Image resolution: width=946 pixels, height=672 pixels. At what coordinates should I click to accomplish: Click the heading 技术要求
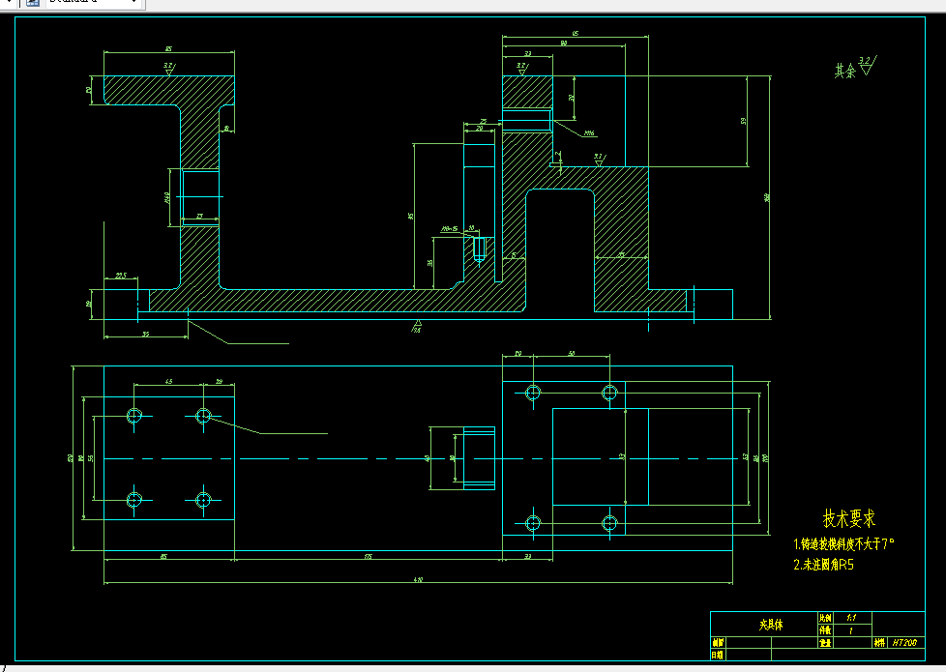(x=848, y=519)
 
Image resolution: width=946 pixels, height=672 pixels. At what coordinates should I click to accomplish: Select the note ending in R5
(x=823, y=565)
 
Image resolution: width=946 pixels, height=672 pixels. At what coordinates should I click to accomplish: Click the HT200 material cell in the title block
(x=903, y=642)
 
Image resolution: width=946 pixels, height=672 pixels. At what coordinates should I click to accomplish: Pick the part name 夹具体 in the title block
(x=771, y=625)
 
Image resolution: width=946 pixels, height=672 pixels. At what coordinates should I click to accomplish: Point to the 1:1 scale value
(x=851, y=617)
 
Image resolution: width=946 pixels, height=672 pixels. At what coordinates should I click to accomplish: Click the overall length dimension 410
(x=418, y=579)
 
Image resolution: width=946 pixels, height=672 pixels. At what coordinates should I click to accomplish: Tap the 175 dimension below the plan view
(x=369, y=557)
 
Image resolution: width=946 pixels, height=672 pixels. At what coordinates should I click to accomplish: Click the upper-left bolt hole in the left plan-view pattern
(x=134, y=416)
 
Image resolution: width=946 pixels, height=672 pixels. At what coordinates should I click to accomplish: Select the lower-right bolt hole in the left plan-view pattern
(x=203, y=500)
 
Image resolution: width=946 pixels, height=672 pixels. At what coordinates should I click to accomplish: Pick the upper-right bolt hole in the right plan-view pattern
(x=609, y=392)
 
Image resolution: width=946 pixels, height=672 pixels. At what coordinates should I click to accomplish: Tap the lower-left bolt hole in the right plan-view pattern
(x=532, y=523)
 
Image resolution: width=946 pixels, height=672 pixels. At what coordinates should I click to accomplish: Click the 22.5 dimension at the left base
(x=121, y=276)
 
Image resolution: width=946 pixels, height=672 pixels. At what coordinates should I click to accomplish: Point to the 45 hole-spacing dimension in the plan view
(x=168, y=383)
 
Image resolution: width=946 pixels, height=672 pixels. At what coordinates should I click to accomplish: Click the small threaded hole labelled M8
(x=479, y=248)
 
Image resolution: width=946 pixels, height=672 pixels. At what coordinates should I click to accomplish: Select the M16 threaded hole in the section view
(x=526, y=120)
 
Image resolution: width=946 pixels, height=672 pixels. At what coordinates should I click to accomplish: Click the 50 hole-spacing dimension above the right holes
(x=571, y=355)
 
